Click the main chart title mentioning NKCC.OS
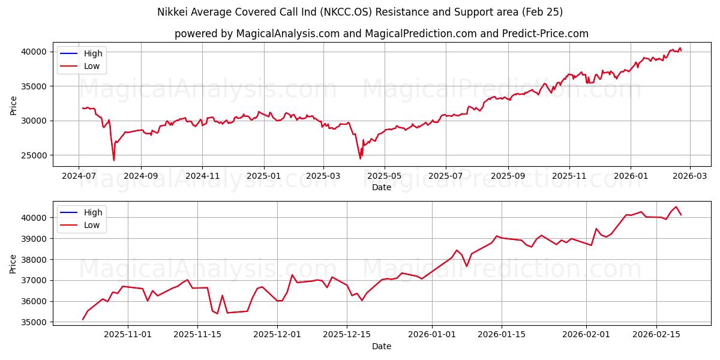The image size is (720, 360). (360, 12)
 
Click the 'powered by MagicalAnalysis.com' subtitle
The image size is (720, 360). (382, 34)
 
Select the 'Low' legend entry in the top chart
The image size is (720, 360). (92, 67)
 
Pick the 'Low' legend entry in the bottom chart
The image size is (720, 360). (92, 225)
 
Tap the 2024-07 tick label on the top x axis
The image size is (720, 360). (79, 176)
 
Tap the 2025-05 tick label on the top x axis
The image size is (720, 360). (384, 176)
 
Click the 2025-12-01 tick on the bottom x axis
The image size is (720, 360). (277, 333)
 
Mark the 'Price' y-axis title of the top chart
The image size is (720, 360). (14, 106)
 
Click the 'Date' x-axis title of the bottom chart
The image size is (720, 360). (382, 346)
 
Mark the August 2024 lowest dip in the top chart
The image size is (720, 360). (114, 160)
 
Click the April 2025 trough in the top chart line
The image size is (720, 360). (360, 158)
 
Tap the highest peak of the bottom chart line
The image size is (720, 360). (676, 207)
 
